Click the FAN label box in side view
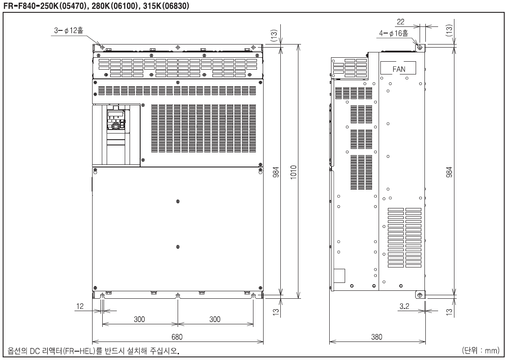pos(398,68)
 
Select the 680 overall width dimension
pos(177,337)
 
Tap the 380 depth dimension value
pos(376,337)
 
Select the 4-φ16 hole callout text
pos(394,33)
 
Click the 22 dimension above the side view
pos(401,22)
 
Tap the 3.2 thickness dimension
pos(404,306)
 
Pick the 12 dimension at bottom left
pos(79,306)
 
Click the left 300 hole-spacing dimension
pos(139,319)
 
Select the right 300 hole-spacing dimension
pos(215,319)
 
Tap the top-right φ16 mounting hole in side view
pos(420,47)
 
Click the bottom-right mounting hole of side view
pos(420,295)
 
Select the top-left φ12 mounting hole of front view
pos(102,47)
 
